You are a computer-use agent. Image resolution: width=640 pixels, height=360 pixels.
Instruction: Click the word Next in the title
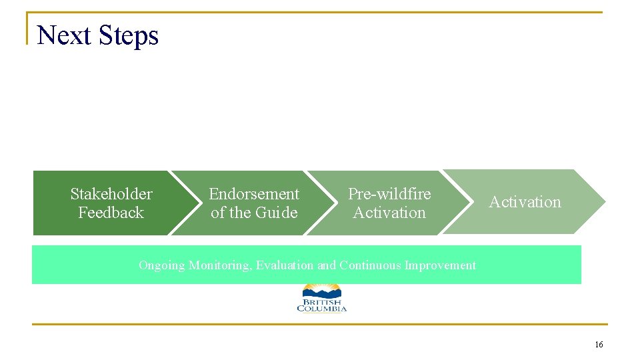[63, 35]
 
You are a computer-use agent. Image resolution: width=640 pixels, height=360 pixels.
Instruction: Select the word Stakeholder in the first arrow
[111, 194]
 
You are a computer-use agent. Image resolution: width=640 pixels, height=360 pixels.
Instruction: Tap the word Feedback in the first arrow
[111, 213]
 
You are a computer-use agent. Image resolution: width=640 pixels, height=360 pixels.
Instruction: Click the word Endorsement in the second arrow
[254, 194]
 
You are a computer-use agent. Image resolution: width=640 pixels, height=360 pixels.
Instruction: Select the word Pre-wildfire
[389, 194]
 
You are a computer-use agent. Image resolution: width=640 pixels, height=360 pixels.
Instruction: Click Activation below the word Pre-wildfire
[389, 213]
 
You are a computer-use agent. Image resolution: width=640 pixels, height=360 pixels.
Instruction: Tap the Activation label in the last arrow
[525, 202]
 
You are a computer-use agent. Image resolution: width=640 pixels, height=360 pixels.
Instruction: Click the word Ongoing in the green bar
[162, 265]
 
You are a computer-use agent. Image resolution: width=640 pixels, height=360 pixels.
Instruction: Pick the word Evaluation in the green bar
[285, 265]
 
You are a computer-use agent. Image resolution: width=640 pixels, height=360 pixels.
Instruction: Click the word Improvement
[441, 265]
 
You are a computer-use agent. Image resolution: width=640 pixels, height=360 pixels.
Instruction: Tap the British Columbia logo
[322, 298]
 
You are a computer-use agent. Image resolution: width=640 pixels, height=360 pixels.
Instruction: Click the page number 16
[598, 345]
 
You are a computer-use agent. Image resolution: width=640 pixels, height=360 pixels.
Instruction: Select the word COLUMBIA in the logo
[322, 308]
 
